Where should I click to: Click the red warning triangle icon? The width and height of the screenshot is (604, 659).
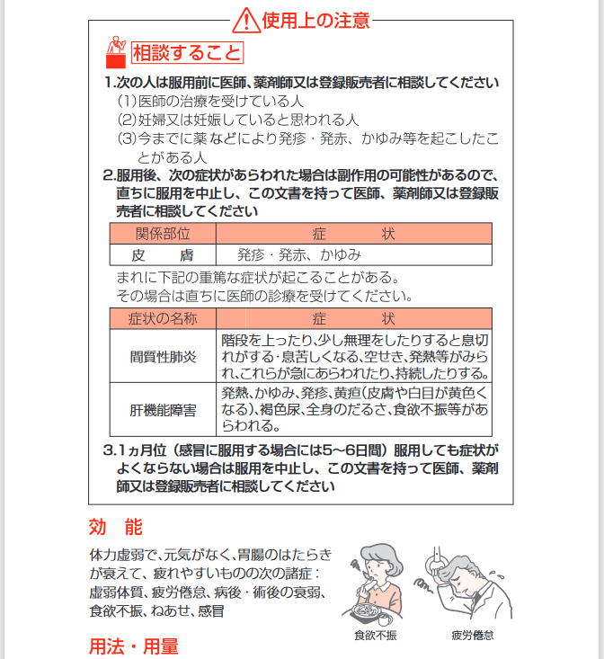(x=245, y=19)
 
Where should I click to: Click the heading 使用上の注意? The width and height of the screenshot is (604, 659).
(x=315, y=20)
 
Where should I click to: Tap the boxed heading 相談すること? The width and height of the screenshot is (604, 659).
(x=187, y=53)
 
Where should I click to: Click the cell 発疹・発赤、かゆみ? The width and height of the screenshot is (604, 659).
(x=299, y=254)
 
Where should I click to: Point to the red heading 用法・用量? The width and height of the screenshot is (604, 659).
(x=133, y=646)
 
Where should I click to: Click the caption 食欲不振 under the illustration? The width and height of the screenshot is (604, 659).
(x=375, y=635)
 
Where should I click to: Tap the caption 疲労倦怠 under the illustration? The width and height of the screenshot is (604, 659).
(x=472, y=635)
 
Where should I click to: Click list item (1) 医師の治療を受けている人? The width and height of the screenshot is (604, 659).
(x=211, y=102)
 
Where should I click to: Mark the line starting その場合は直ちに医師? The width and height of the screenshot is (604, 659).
(x=265, y=295)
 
